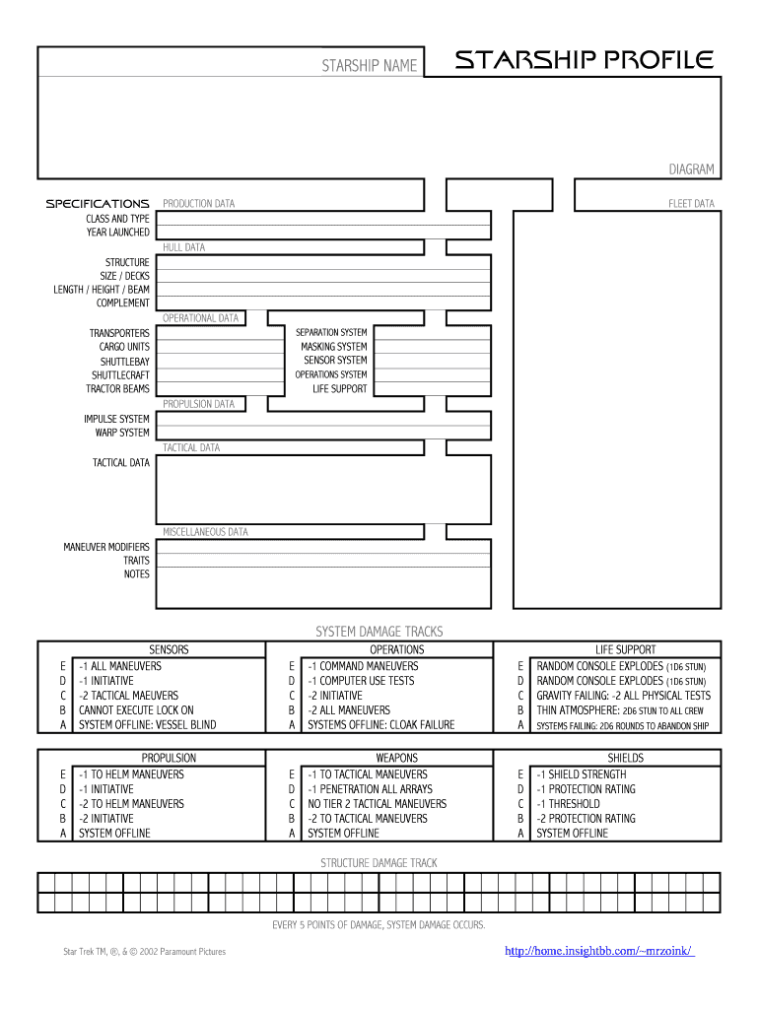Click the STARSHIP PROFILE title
[583, 61]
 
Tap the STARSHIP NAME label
[369, 66]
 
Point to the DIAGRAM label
[691, 169]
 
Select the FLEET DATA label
[691, 204]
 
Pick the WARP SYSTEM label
[122, 433]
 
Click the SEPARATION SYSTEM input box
[432, 333]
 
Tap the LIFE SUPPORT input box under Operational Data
[432, 389]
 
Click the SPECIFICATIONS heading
[98, 204]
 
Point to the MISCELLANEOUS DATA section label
[205, 532]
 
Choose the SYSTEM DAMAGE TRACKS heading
[379, 631]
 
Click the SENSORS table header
[169, 649]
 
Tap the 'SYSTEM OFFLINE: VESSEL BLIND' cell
[148, 725]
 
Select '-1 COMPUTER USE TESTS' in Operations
[361, 681]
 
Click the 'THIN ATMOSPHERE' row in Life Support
[620, 710]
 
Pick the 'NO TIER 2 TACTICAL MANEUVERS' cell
[377, 804]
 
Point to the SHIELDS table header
[625, 758]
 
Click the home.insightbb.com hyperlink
[599, 951]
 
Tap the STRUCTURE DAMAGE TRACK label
[379, 863]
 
